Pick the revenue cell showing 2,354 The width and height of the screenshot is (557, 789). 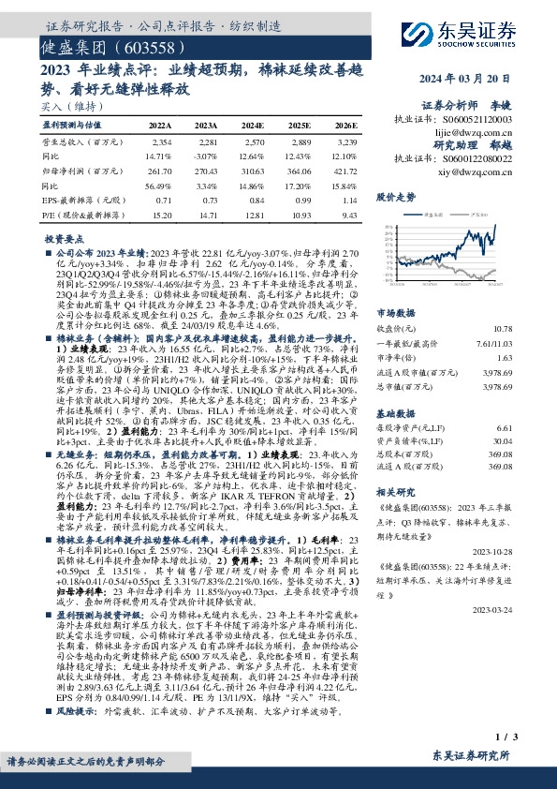[x=161, y=140]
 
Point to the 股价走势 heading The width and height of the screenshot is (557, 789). [x=395, y=198]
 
